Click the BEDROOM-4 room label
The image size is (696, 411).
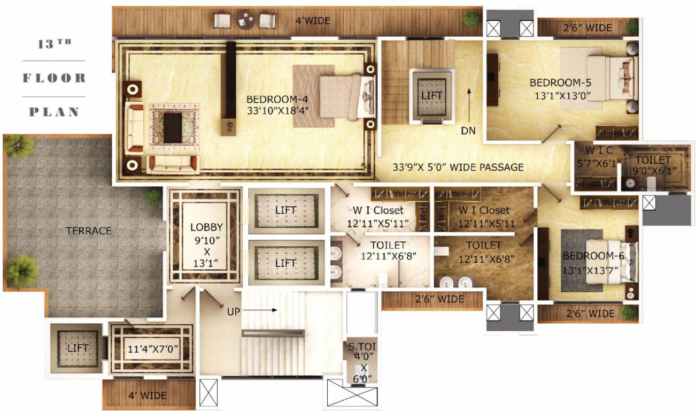[x=277, y=100]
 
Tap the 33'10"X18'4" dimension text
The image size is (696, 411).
[x=277, y=111]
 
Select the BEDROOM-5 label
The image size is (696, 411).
[x=560, y=83]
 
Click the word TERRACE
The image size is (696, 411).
[x=88, y=231]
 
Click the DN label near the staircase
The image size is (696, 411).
[x=468, y=131]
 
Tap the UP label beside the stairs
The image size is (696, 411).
[x=234, y=310]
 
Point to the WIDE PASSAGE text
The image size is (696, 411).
[x=486, y=168]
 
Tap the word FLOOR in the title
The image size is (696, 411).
[x=54, y=78]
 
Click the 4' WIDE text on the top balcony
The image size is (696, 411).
[x=313, y=21]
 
